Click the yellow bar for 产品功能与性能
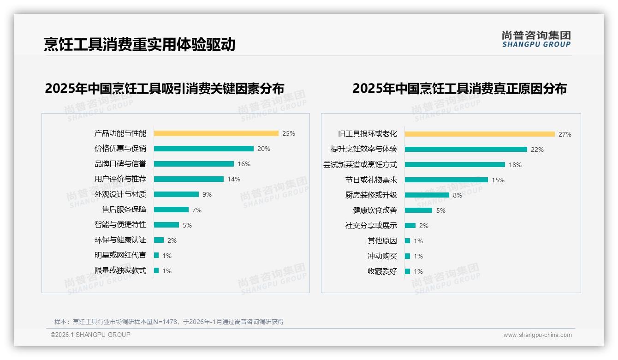coord(216,133)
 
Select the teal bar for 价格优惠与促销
coord(203,149)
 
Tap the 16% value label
coord(244,164)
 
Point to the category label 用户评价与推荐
coord(120,179)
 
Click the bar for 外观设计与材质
coord(176,194)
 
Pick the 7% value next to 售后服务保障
coord(197,210)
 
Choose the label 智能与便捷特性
coord(120,225)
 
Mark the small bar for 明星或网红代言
coord(156,255)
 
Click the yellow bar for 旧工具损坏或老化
coord(480,134)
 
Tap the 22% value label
coord(537,150)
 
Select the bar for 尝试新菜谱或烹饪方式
coord(455,165)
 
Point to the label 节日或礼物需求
coord(371,180)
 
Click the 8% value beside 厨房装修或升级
coord(457,195)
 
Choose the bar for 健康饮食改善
coord(418,210)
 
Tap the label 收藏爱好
coord(382,271)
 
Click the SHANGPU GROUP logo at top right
coord(536,39)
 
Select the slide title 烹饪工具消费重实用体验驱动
coord(139,44)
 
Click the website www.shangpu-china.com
coord(537,335)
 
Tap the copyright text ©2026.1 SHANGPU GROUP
coord(90,335)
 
